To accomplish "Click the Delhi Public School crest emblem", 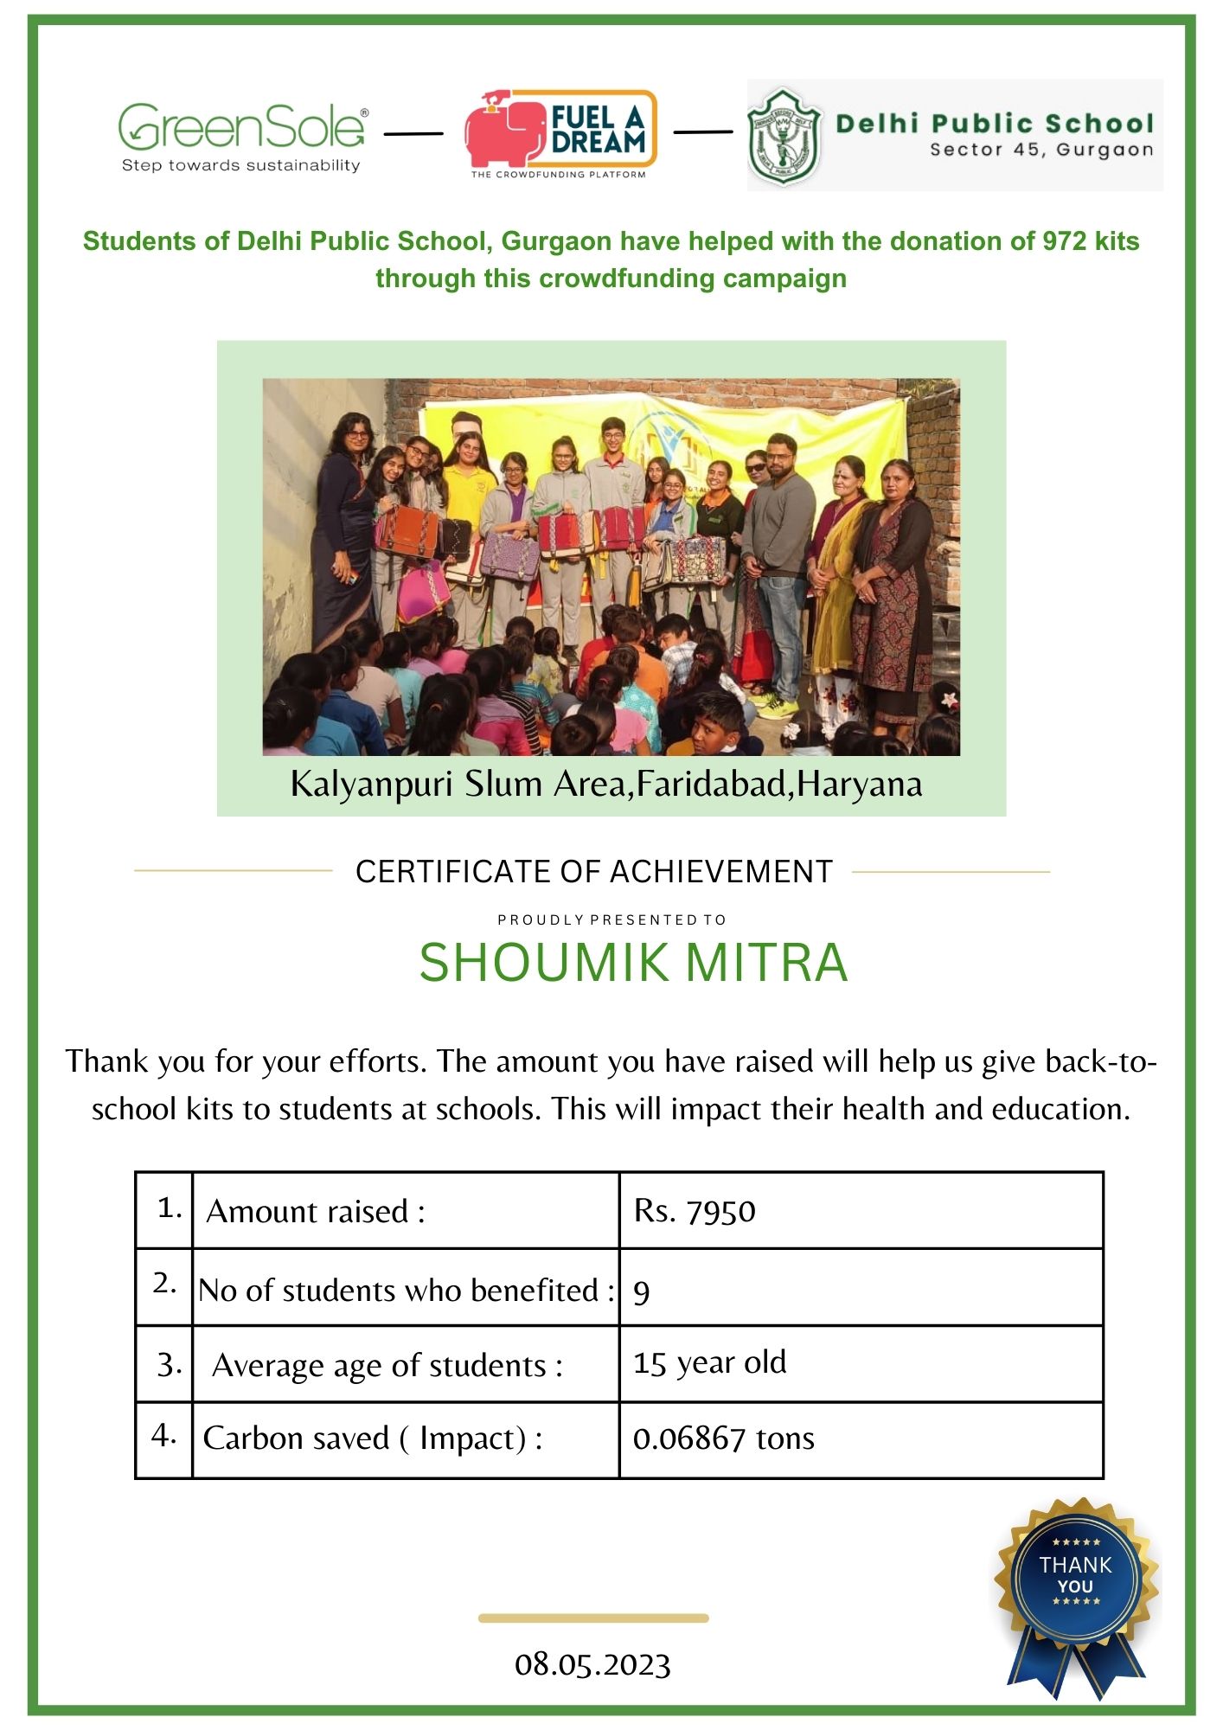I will [783, 136].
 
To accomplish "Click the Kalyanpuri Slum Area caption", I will [605, 785].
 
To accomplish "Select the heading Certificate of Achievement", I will [594, 872].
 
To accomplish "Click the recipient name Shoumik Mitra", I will [633, 963].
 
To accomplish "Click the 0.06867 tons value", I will [723, 1438].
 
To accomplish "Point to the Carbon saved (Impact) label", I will [373, 1438].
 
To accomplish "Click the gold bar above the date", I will [593, 1618].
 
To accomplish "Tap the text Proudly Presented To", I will [611, 919].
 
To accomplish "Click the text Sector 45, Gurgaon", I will [1041, 150].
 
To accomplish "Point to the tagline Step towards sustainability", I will [240, 165].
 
